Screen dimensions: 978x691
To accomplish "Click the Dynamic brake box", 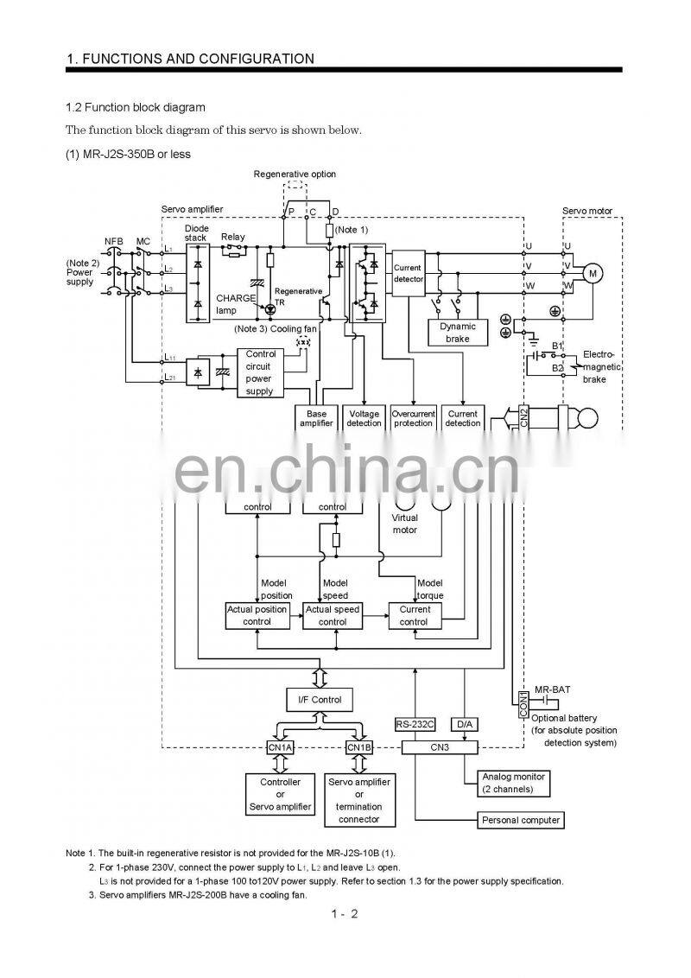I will tap(458, 333).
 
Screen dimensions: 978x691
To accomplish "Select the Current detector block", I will tap(409, 274).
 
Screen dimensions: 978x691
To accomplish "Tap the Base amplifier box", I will tap(316, 418).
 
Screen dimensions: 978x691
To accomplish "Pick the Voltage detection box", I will tap(364, 418).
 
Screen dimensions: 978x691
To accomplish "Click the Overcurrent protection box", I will tap(413, 418).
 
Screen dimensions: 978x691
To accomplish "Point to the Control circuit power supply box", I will tap(260, 372).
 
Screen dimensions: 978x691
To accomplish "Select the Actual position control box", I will tap(257, 615).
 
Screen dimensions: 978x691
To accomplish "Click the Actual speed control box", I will tap(333, 615).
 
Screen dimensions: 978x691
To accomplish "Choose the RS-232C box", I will tap(415, 724).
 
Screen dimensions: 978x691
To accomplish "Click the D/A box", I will tap(465, 724).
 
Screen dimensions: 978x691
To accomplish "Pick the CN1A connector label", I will tap(280, 746).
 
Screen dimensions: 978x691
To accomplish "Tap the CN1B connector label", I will tap(358, 746).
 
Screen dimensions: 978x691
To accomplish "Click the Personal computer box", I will tap(521, 819).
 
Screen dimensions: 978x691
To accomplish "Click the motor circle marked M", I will tap(593, 273).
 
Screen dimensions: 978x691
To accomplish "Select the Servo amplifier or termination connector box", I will tap(358, 800).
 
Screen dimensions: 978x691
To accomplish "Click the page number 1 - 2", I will tap(343, 913).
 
